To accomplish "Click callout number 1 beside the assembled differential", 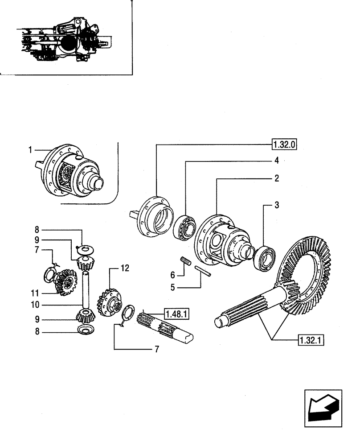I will pyautogui.click(x=30, y=150).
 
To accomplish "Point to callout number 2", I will pyautogui.click(x=277, y=178).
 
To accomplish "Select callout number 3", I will pyautogui.click(x=277, y=205).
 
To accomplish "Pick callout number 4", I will pyautogui.click(x=277, y=160).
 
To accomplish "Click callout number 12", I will pyautogui.click(x=125, y=268).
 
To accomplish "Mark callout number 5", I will pyautogui.click(x=172, y=288).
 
